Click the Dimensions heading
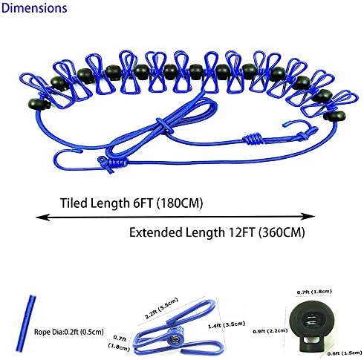(34, 8)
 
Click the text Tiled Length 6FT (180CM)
(131, 203)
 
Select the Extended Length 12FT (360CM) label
(217, 232)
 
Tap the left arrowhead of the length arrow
(42, 217)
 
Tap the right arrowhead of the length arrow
(308, 217)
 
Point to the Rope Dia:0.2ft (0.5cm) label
(68, 332)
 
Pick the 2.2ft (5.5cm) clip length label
(161, 309)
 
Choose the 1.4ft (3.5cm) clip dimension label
(227, 324)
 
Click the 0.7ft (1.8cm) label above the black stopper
(314, 292)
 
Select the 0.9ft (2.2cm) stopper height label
(270, 331)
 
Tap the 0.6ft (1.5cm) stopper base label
(344, 353)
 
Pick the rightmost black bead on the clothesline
(334, 116)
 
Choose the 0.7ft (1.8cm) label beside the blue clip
(119, 343)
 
